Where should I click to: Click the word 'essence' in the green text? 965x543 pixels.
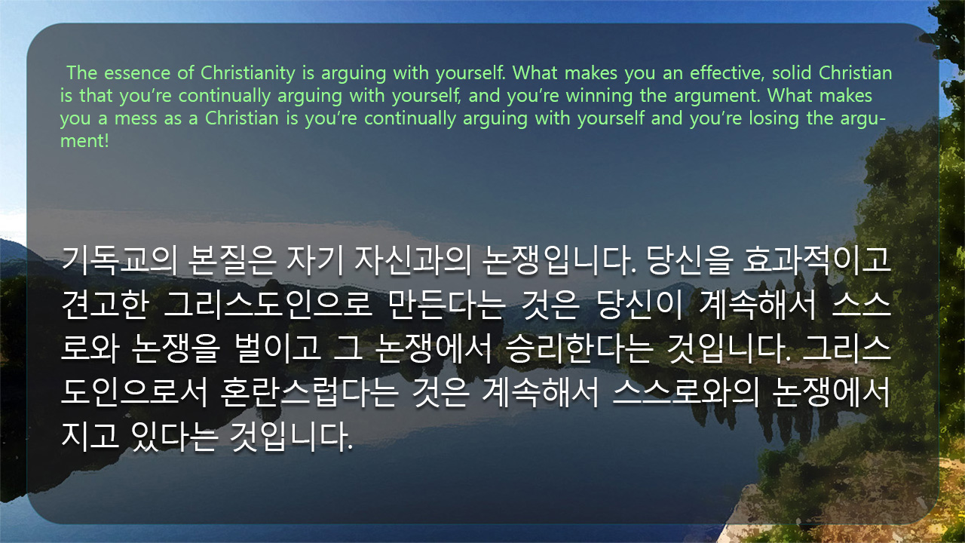[x=137, y=73]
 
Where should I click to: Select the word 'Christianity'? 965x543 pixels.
[x=248, y=74]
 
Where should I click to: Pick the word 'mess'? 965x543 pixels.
[x=136, y=119]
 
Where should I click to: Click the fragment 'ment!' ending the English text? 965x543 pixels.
[x=84, y=141]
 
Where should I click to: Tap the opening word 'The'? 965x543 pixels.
[x=82, y=72]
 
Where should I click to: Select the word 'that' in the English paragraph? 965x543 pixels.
[x=96, y=95]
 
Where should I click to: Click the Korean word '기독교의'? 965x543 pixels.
[x=119, y=261]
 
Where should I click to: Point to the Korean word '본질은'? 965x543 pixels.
[x=231, y=261]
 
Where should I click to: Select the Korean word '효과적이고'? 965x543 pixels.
[x=816, y=260]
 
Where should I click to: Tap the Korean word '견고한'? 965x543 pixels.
[x=106, y=305]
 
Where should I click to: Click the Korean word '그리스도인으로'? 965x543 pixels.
[x=268, y=305]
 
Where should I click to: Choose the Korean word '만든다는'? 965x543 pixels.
[x=446, y=305]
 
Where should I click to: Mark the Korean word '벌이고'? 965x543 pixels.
[x=277, y=348]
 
